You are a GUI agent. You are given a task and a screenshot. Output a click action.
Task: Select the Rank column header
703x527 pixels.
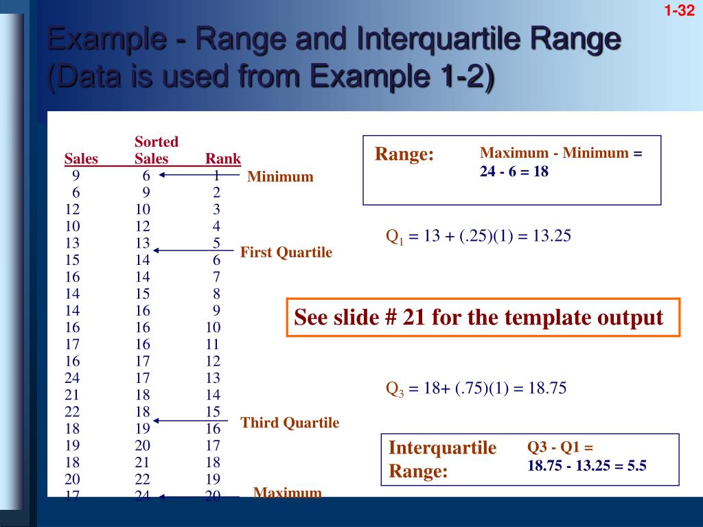222,159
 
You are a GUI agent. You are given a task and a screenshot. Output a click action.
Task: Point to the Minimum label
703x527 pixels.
280,177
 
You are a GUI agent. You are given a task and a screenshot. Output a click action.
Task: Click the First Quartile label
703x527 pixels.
286,253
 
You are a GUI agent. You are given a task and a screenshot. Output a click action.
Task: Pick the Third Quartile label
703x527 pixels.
290,423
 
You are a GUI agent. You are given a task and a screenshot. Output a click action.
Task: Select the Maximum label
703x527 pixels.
287,493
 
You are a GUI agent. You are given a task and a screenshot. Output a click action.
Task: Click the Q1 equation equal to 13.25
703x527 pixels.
479,237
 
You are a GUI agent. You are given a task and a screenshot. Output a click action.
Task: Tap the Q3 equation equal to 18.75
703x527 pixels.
476,389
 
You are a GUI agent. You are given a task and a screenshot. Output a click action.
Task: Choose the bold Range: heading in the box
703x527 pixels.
404,154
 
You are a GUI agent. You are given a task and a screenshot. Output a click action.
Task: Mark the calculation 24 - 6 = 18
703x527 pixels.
514,172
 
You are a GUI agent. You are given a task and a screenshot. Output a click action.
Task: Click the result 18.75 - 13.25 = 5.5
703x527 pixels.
586,465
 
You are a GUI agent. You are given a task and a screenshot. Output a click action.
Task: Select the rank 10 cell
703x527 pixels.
212,327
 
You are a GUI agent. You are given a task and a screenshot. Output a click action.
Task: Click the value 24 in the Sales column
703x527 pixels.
72,377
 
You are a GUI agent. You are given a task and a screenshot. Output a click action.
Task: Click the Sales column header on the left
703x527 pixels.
81,159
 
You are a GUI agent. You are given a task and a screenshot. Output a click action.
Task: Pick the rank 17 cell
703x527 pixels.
212,445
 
